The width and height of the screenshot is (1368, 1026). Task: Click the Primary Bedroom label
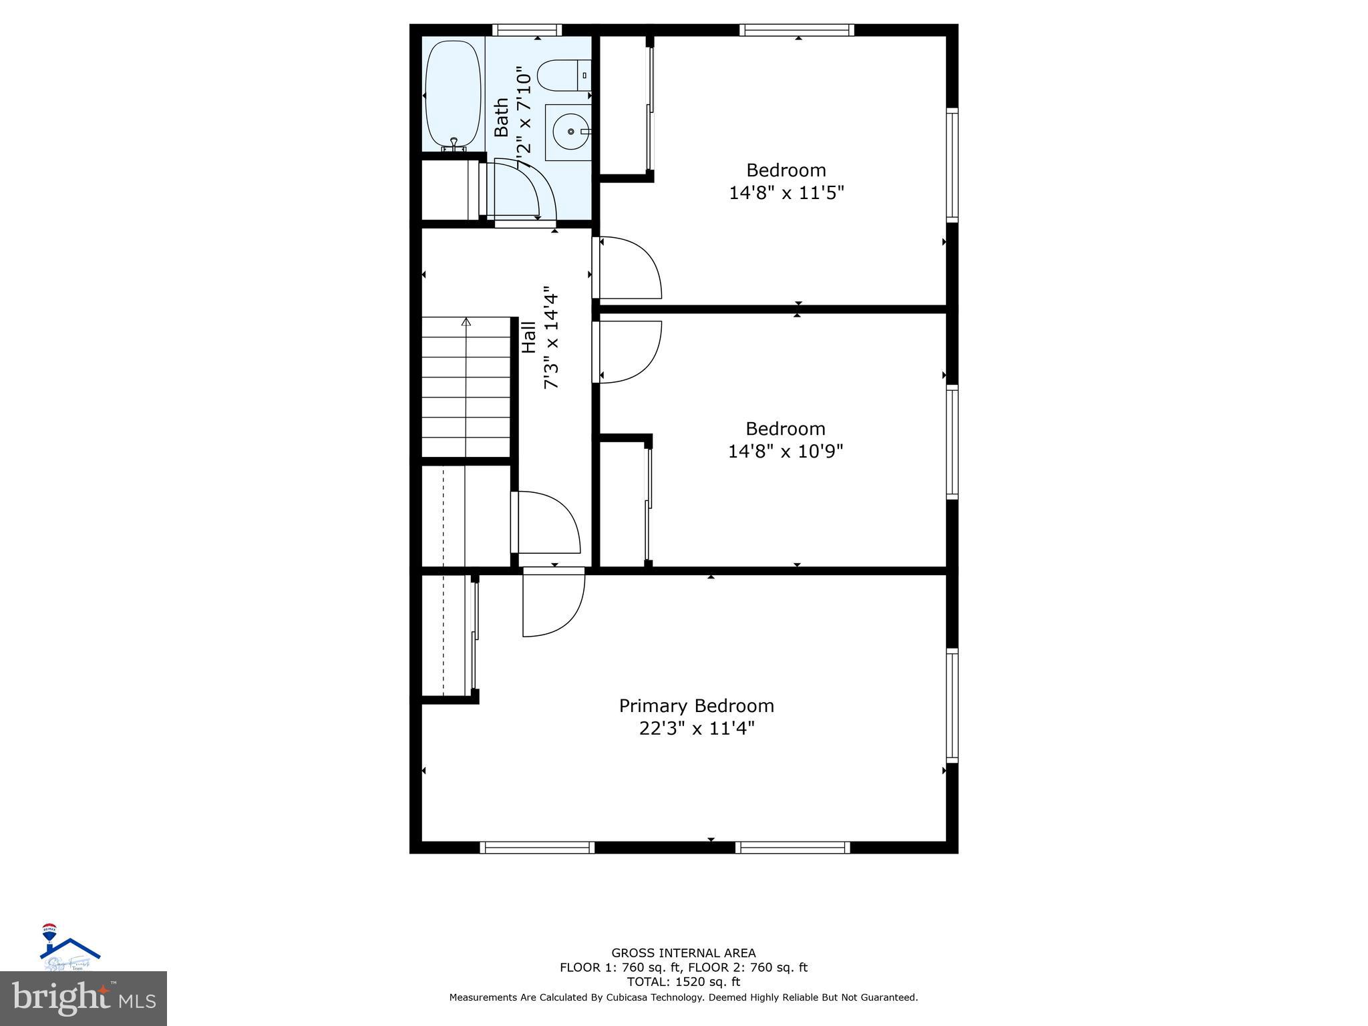coord(696,705)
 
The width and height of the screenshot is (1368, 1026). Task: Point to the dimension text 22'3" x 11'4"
coord(696,728)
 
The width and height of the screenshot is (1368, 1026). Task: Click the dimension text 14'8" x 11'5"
coord(786,193)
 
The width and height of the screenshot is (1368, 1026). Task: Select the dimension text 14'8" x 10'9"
coord(786,452)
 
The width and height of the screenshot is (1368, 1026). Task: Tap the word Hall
coord(528,337)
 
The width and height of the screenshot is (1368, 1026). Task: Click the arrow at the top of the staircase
coord(466,323)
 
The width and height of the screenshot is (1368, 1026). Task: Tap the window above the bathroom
coord(527,30)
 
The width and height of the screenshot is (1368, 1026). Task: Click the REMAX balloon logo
coord(49,931)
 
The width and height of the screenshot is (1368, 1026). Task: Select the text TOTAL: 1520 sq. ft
coord(683,982)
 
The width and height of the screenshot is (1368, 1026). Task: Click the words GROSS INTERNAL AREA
coord(683,953)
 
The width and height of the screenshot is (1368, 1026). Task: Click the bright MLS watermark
coord(83,999)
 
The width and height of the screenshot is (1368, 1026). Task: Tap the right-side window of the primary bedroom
coord(952,705)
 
